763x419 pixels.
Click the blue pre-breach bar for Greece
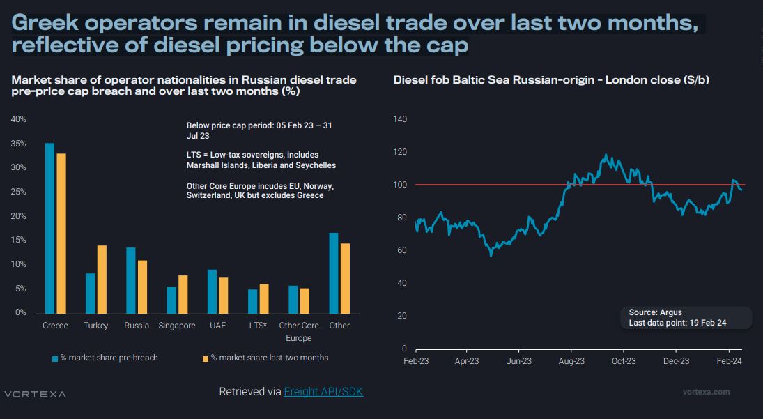49,228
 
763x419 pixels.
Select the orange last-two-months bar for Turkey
102,279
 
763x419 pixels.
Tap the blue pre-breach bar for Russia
130,280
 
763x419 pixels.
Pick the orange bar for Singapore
183,294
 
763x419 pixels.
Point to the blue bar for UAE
212,291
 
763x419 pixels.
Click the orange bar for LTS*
263,298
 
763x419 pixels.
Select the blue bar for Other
334,273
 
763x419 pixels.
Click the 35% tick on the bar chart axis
19,144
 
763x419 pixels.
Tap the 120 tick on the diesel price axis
399,152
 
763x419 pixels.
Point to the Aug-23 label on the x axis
571,361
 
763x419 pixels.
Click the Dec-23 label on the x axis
676,361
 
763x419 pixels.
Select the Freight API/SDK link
323,392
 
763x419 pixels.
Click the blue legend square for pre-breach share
55,358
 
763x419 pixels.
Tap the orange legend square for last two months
205,358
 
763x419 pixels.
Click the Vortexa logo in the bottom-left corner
35,394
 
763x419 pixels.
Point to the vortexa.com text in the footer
707,392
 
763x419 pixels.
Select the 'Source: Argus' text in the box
655,312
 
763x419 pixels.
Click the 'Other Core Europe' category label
298,331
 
